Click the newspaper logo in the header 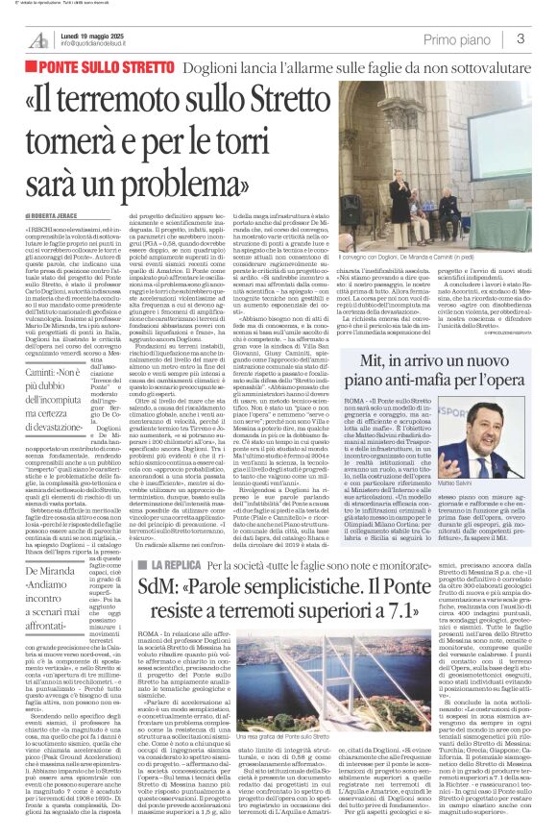39,38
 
